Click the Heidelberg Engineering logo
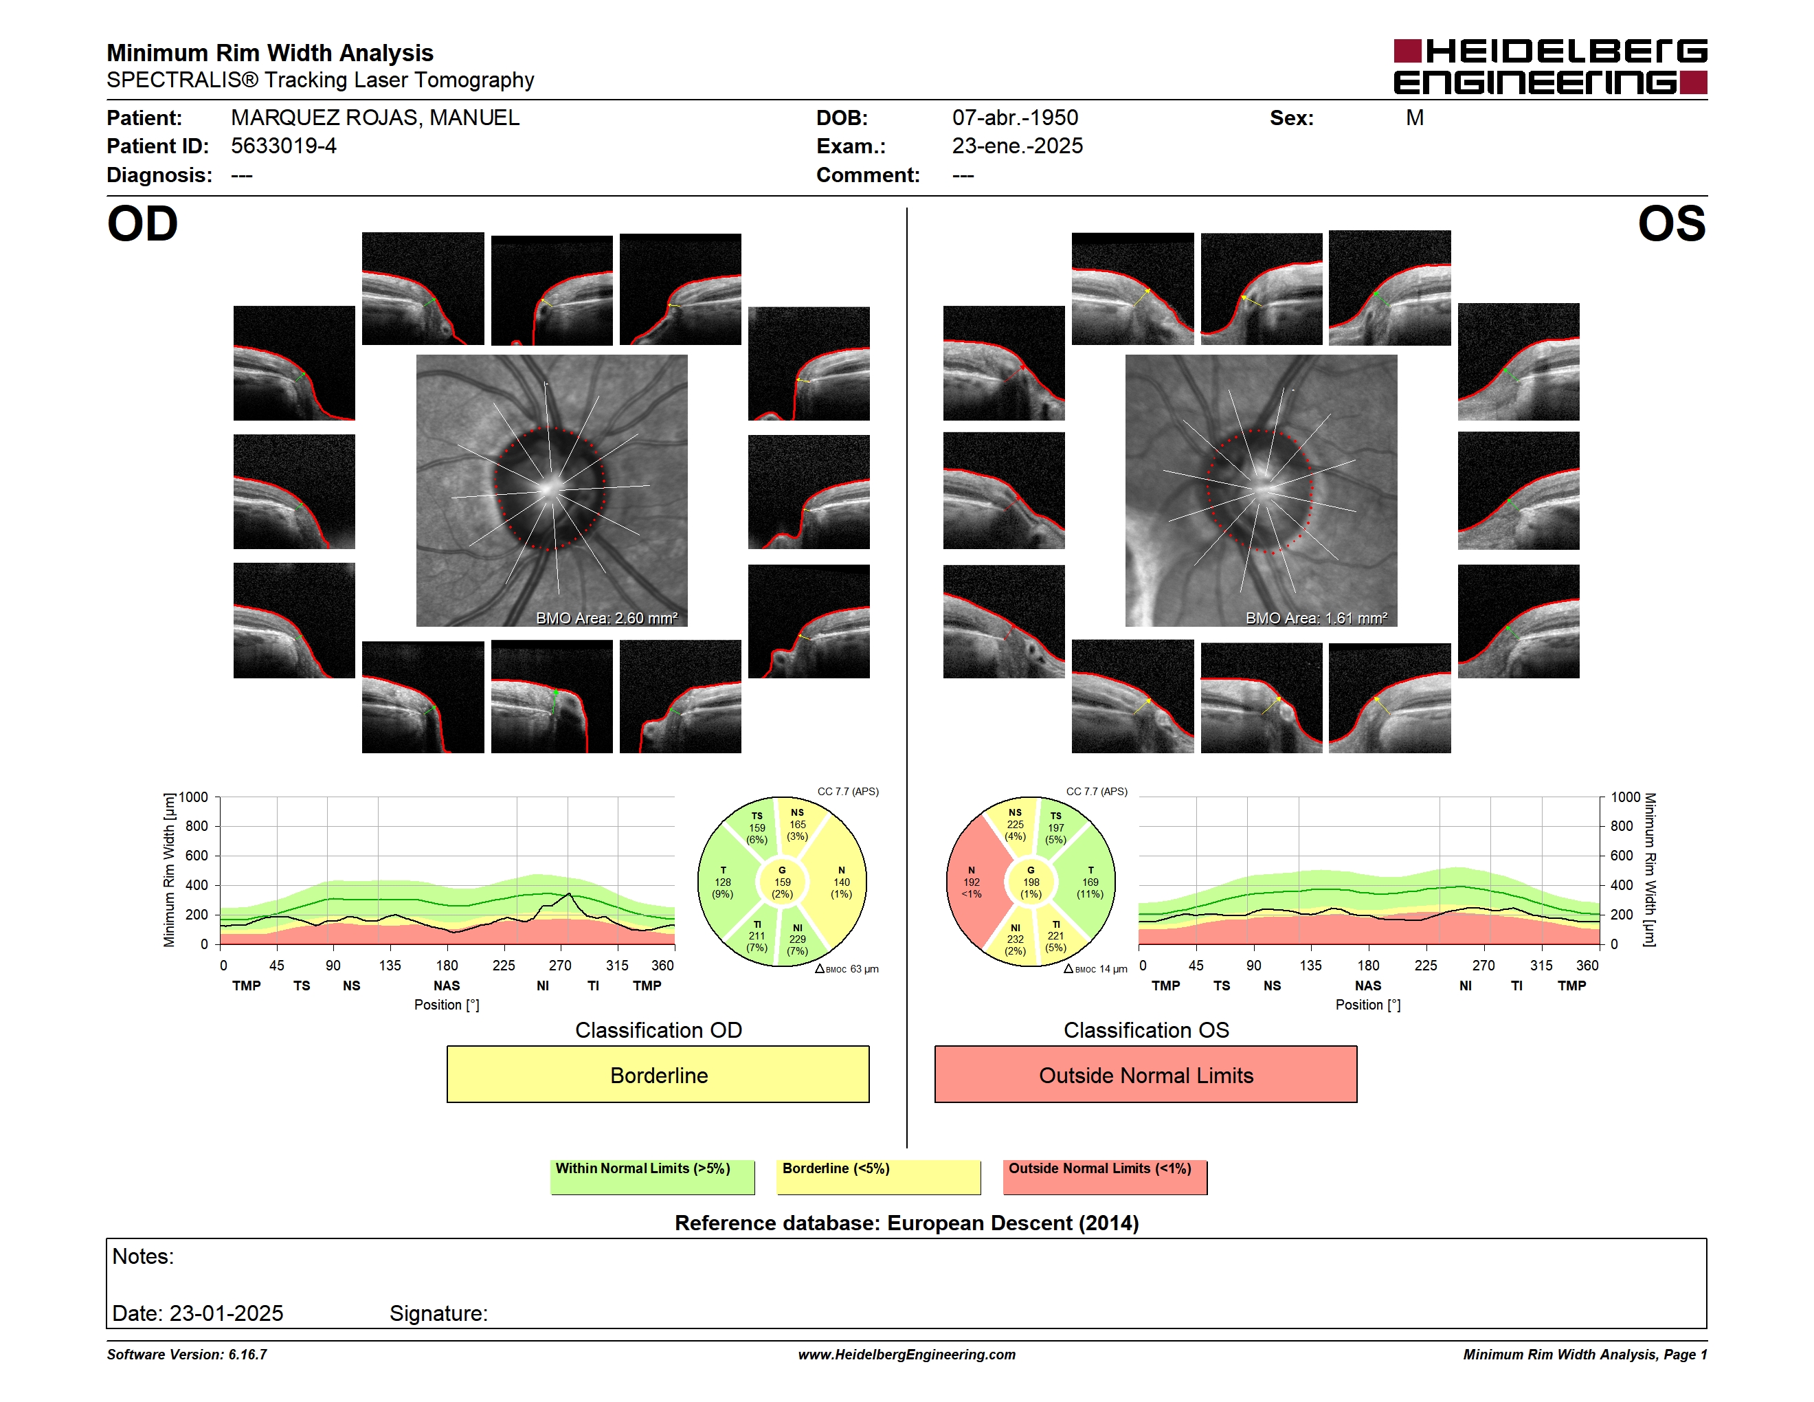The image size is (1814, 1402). [x=1550, y=67]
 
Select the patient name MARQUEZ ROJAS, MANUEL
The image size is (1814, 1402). [x=375, y=118]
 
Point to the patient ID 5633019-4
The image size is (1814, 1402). [x=284, y=146]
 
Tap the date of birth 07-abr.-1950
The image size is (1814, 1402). [x=1015, y=118]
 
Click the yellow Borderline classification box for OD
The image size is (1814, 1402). [x=658, y=1074]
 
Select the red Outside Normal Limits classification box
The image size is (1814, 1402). [x=1145, y=1074]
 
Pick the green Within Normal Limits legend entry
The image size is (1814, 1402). [x=652, y=1177]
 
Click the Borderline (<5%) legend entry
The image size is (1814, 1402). [x=878, y=1177]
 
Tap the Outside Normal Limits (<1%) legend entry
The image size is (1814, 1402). [x=1105, y=1177]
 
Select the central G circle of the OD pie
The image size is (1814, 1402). [x=781, y=882]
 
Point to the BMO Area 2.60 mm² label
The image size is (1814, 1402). [x=606, y=618]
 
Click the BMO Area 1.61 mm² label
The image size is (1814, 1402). [x=1317, y=618]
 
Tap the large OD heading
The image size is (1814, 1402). [x=142, y=224]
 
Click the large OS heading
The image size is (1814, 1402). [x=1671, y=224]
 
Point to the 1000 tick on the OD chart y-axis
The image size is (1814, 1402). [x=194, y=797]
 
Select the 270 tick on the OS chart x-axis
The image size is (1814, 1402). [x=1483, y=965]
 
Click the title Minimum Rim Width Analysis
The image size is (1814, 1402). [x=270, y=53]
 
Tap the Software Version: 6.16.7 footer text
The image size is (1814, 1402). [x=187, y=1355]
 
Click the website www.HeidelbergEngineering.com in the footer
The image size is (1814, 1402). [x=907, y=1355]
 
